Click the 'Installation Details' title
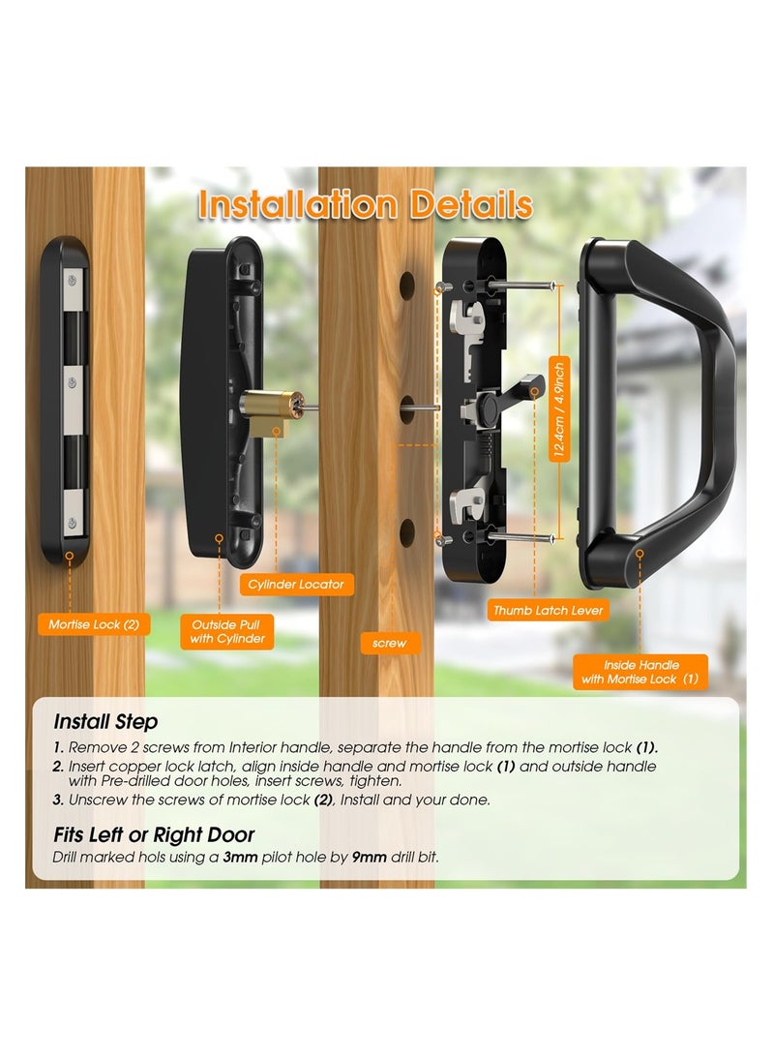365,206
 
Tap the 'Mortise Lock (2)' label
94,624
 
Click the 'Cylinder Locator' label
295,585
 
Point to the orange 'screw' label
389,642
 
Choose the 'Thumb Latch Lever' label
548,610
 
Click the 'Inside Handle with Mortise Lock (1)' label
640,672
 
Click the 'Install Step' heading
105,722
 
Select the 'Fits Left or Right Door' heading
154,834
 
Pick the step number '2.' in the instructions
59,767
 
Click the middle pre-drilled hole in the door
407,407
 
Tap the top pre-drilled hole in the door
407,285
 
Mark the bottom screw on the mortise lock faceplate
74,524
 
